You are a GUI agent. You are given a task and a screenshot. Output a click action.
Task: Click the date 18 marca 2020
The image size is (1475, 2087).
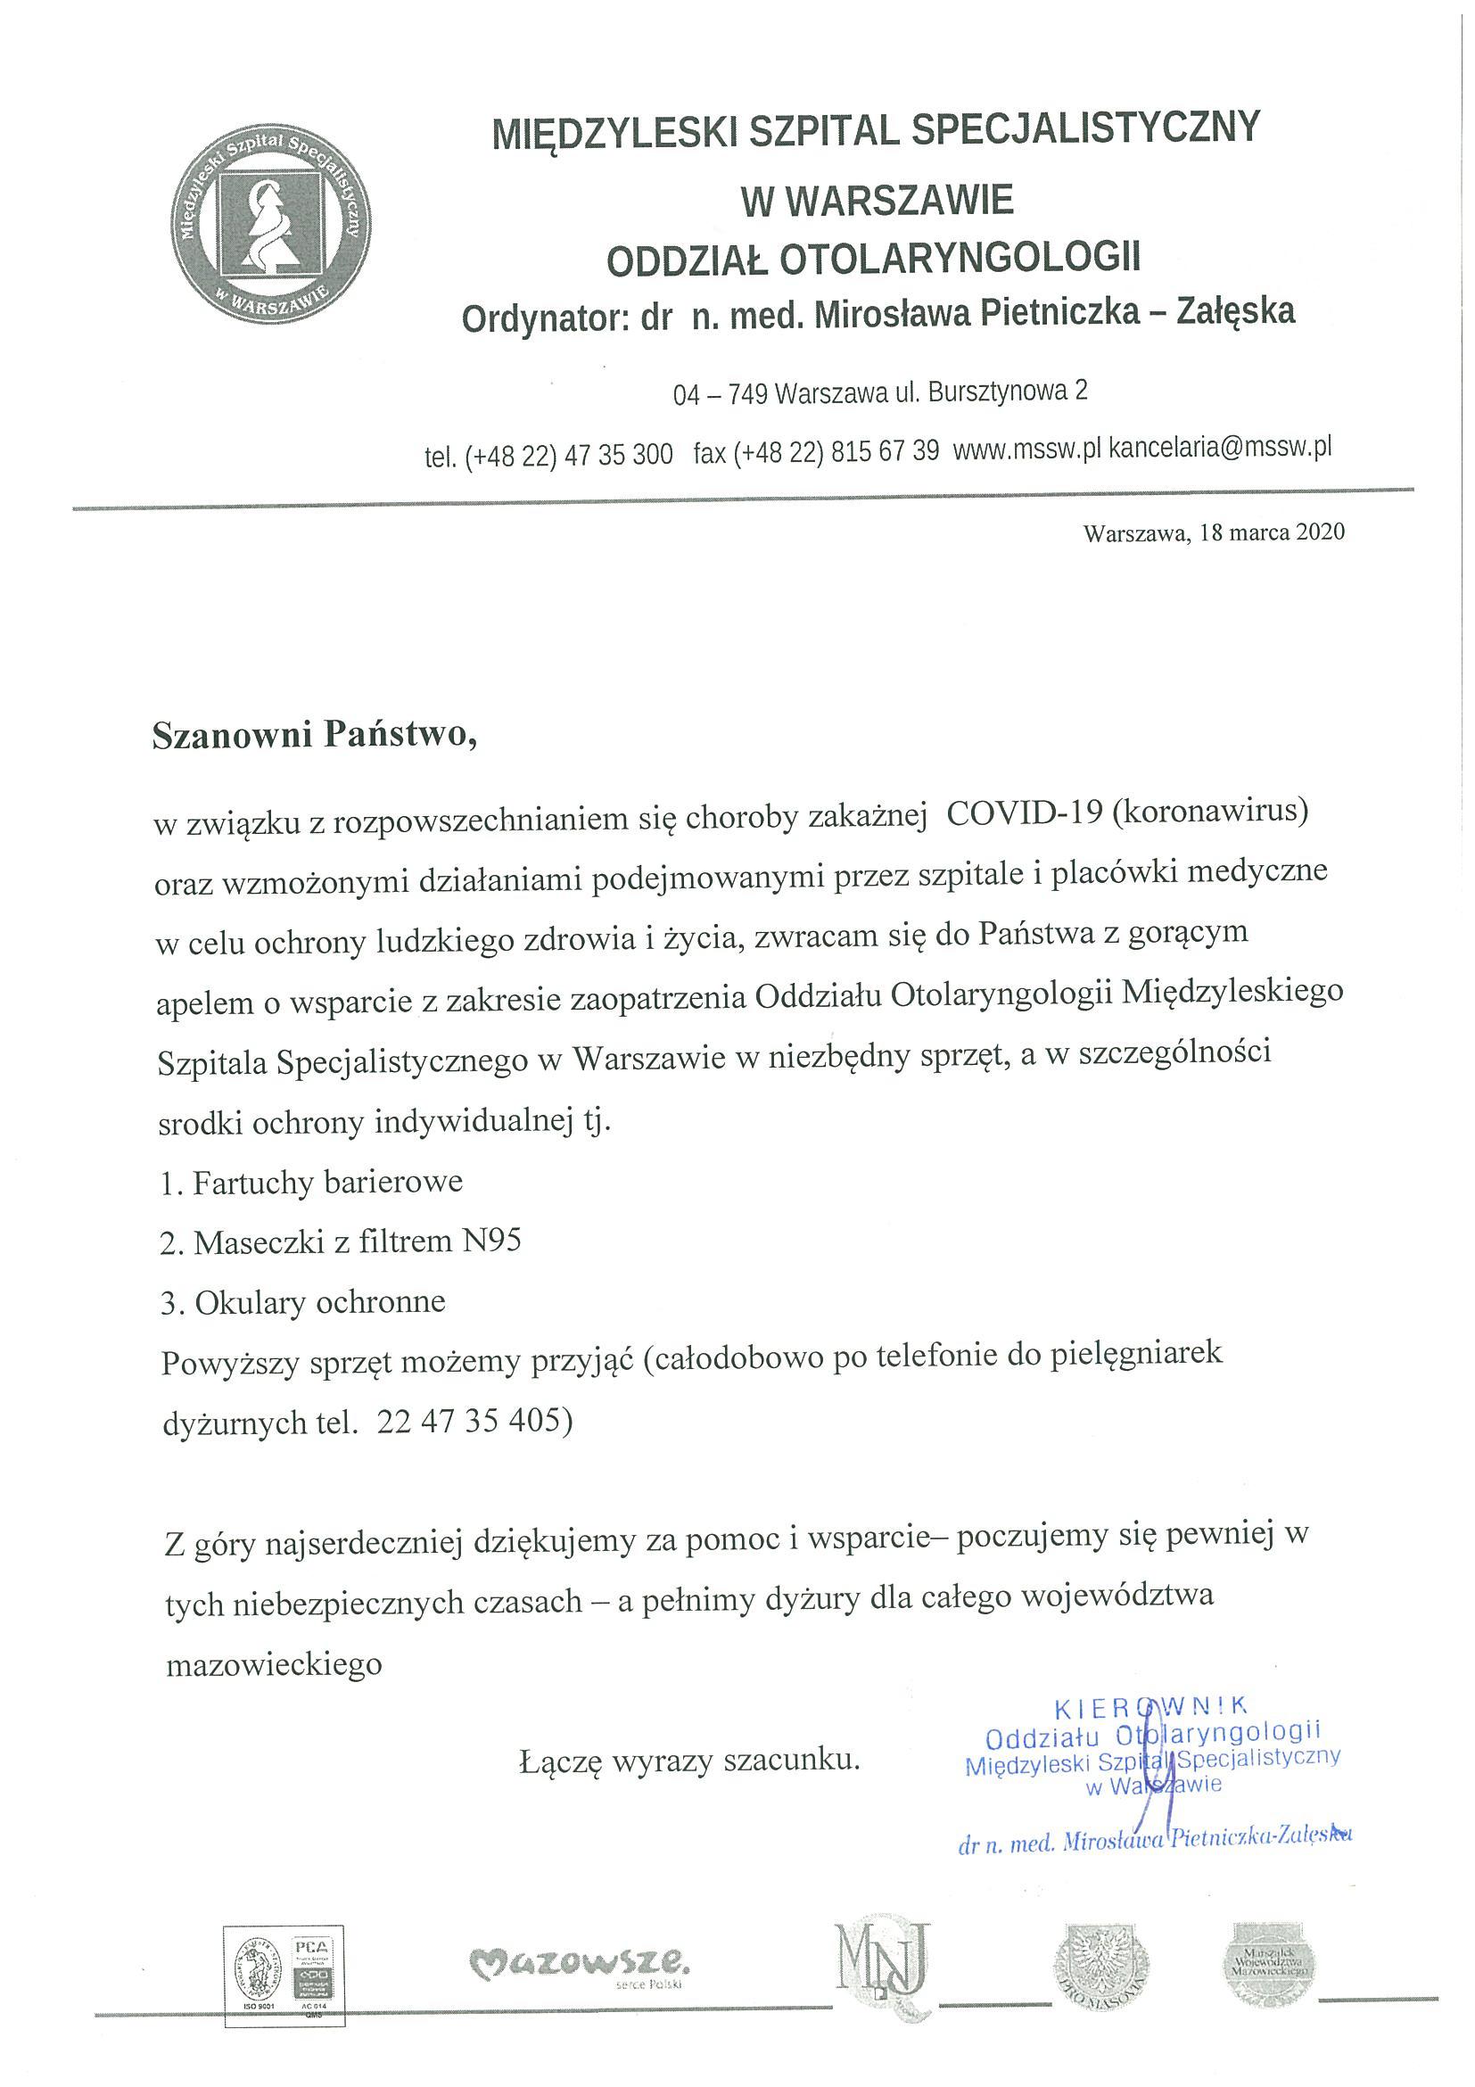(1272, 532)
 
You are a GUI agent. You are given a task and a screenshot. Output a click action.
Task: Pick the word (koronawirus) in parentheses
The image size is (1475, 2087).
(1209, 809)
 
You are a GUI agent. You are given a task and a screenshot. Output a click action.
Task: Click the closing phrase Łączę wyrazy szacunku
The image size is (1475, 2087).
(688, 1761)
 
